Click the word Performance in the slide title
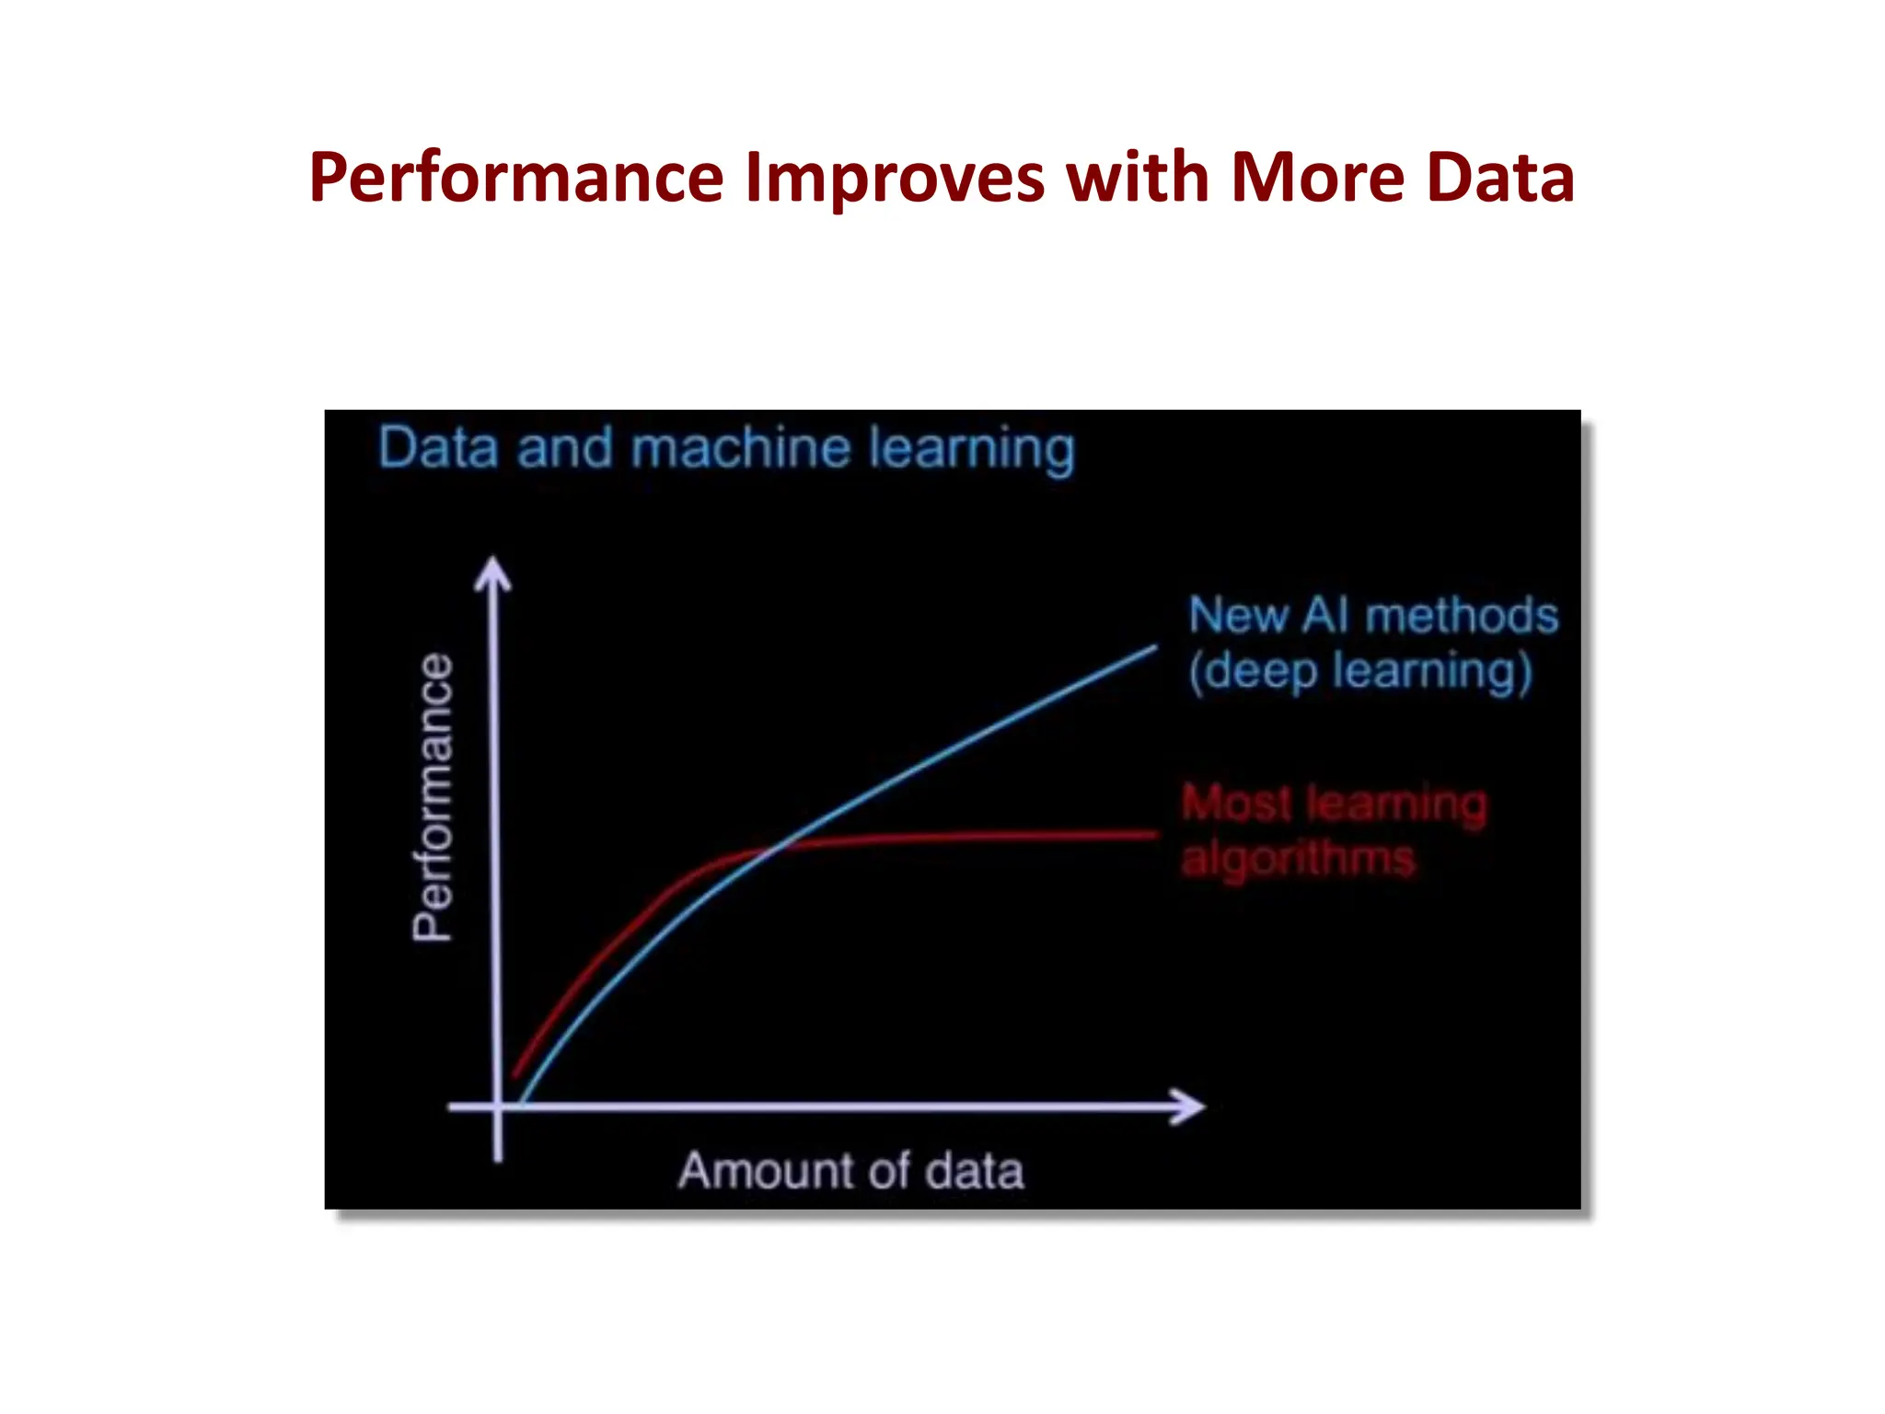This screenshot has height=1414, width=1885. [x=516, y=178]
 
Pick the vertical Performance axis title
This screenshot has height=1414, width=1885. [x=433, y=797]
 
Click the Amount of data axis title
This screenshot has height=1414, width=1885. [x=850, y=1171]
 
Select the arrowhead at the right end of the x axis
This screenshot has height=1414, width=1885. [x=1191, y=1107]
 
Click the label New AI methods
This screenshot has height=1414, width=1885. [x=1372, y=615]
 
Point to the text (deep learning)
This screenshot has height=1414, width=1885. [x=1359, y=671]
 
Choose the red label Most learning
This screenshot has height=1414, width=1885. [x=1334, y=804]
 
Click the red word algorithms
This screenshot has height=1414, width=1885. [x=1298, y=859]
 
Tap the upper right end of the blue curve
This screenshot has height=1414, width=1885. [x=1154, y=648]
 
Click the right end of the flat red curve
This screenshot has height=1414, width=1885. [x=1154, y=835]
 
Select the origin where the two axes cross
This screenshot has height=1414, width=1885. [x=498, y=1107]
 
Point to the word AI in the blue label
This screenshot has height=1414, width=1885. [x=1324, y=615]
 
